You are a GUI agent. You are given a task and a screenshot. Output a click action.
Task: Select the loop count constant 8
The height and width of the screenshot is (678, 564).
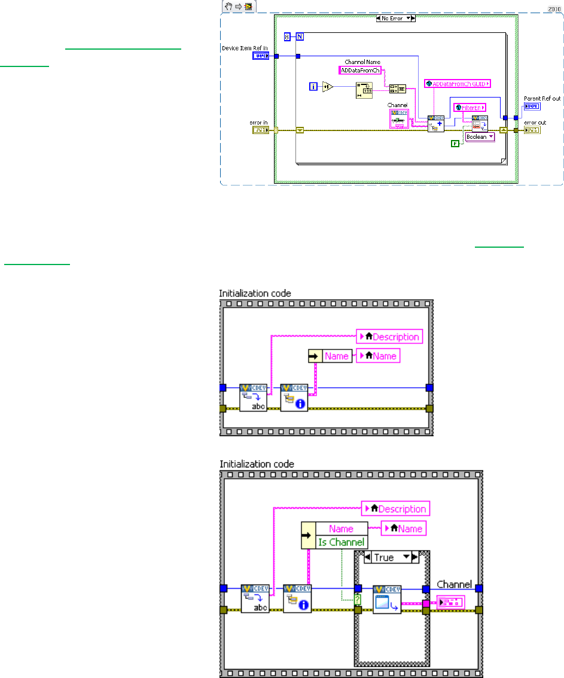[288, 37]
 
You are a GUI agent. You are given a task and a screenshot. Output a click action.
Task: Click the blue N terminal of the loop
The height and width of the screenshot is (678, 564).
[300, 37]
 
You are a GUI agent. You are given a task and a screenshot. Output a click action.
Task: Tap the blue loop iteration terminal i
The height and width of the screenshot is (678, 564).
[313, 87]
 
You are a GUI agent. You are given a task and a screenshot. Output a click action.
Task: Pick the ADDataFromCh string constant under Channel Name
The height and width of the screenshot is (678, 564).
[359, 71]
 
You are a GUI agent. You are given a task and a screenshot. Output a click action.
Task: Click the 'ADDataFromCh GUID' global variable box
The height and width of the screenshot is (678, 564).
[458, 84]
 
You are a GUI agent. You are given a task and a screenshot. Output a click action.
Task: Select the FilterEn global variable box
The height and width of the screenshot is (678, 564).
[470, 107]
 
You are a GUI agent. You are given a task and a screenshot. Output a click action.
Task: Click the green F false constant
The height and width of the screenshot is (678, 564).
[455, 143]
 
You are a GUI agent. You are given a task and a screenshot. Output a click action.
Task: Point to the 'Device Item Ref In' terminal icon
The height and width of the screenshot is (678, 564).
[260, 56]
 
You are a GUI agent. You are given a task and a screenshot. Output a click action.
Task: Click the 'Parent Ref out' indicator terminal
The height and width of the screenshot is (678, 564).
[532, 107]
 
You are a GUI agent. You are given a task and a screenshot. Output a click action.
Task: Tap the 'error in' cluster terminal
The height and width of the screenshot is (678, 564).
[260, 130]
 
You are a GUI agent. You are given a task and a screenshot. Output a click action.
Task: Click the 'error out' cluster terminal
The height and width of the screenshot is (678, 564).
[532, 130]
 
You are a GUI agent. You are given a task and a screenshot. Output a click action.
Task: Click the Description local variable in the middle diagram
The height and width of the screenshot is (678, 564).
[390, 336]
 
